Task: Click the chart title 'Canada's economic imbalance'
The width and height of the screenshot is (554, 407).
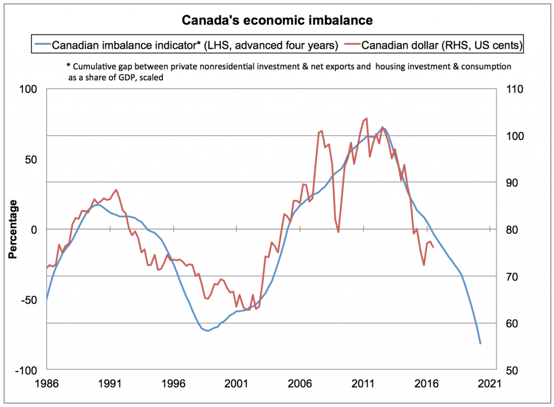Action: [276, 21]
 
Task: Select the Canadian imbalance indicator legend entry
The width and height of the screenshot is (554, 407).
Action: [189, 45]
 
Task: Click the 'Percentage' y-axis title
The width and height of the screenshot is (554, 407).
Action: [12, 229]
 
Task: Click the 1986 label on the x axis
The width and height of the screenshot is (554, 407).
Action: [47, 384]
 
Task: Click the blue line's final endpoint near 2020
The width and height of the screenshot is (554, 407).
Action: [480, 343]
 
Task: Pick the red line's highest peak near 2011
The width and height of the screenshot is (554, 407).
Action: [367, 118]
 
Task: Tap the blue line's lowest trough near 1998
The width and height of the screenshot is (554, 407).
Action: [208, 331]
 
